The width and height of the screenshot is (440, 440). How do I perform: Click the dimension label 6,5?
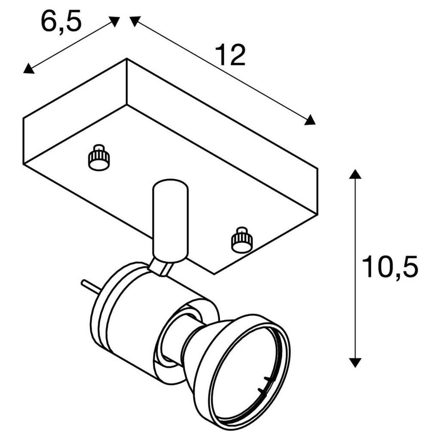(x=61, y=22)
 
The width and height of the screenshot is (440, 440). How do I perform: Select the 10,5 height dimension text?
(x=390, y=267)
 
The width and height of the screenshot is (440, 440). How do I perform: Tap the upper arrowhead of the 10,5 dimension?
(x=354, y=174)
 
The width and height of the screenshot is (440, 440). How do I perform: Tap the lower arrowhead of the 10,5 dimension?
(x=354, y=362)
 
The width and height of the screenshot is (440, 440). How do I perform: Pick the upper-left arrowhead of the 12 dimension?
(x=135, y=20)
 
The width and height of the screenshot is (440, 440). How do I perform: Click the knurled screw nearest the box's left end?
(x=99, y=158)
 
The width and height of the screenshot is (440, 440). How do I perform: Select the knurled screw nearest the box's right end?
(x=241, y=240)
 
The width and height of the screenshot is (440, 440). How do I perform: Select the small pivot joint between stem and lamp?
(x=161, y=268)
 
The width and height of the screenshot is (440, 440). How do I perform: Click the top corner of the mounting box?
(x=126, y=59)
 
